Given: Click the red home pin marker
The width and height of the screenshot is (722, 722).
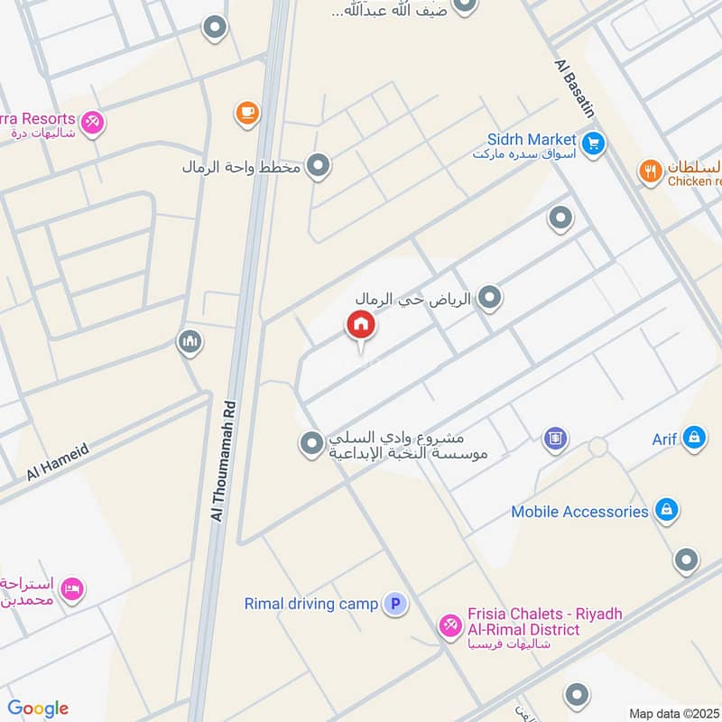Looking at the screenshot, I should (x=360, y=325).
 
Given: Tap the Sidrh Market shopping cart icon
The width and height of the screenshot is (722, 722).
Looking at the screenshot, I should (x=593, y=143).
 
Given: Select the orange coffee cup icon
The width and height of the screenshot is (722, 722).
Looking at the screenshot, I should (x=246, y=112).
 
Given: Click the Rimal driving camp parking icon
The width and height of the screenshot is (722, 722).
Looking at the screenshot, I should (x=394, y=604).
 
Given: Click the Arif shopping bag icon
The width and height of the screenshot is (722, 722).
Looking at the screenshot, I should (x=693, y=440).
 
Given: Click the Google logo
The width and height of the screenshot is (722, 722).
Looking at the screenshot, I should (x=37, y=708).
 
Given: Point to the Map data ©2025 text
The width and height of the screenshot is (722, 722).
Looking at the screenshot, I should (x=673, y=713).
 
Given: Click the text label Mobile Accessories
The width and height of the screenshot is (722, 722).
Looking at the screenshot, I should (x=579, y=512).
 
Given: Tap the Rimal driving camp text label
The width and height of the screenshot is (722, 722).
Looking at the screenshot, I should (x=310, y=604).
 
